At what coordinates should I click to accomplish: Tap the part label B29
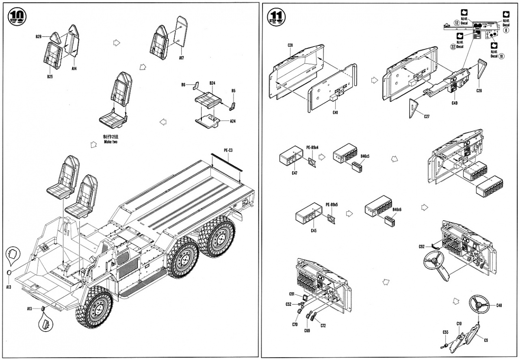click(39, 37)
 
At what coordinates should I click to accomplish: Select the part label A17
click(181, 58)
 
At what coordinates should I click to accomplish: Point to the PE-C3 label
click(228, 150)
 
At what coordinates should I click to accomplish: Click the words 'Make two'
click(110, 142)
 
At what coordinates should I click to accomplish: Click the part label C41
click(335, 112)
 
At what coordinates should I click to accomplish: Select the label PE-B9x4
click(312, 148)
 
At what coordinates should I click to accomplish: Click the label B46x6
click(397, 209)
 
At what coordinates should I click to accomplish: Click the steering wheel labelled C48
click(479, 304)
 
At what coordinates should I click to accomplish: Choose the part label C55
click(445, 332)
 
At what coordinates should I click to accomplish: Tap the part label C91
click(292, 294)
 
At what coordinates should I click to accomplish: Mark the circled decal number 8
click(506, 30)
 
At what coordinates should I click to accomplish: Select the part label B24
click(212, 83)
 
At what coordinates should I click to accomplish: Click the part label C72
click(323, 325)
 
